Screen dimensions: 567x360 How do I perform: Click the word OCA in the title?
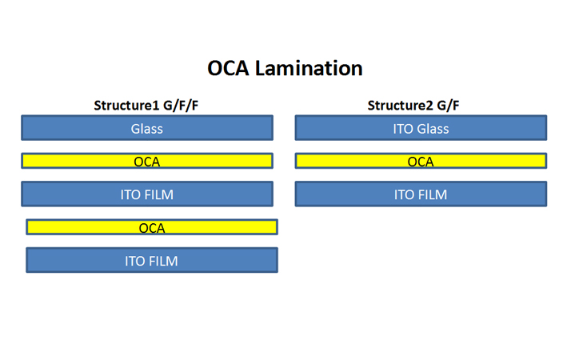[x=228, y=68]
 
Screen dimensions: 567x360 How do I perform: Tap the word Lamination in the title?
[x=309, y=68]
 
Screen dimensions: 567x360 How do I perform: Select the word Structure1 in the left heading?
[x=126, y=106]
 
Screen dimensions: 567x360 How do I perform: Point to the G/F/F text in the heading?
[x=181, y=106]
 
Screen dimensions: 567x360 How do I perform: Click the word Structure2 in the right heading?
[x=401, y=106]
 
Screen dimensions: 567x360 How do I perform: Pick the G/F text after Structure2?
[x=448, y=106]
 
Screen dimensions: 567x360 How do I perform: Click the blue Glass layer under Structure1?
[x=147, y=128]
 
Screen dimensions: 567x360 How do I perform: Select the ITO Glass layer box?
[x=421, y=128]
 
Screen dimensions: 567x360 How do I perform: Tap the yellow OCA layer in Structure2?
[x=421, y=161]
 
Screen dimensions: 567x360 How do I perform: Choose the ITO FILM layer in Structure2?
[x=421, y=194]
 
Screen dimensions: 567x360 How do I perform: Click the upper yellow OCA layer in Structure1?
[x=147, y=161]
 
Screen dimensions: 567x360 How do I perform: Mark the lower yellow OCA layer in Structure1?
[x=152, y=227]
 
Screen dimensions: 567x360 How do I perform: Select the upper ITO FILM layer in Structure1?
[x=147, y=194]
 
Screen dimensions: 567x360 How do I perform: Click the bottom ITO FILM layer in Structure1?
[x=152, y=260]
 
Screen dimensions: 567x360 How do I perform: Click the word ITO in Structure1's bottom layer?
[x=134, y=262]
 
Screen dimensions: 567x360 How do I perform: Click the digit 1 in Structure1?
[x=156, y=106]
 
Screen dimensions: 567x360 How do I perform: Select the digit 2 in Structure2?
[x=429, y=106]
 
